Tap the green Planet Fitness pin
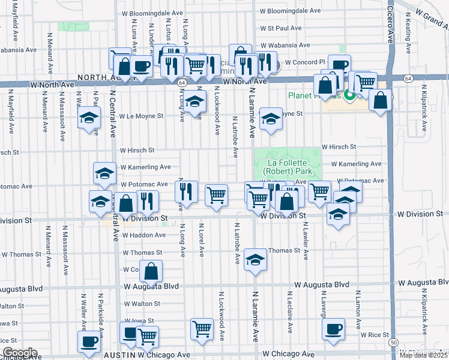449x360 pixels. point(349,95)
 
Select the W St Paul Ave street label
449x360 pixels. point(280,28)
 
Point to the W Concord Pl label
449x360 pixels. point(305,62)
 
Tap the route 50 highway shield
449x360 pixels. point(393,342)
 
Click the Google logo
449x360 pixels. point(19,353)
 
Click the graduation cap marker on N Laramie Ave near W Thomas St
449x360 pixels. point(255,260)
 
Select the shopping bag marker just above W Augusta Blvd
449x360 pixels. point(152,271)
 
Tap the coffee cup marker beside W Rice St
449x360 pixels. point(333,328)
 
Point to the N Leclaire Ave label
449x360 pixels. point(289,316)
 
